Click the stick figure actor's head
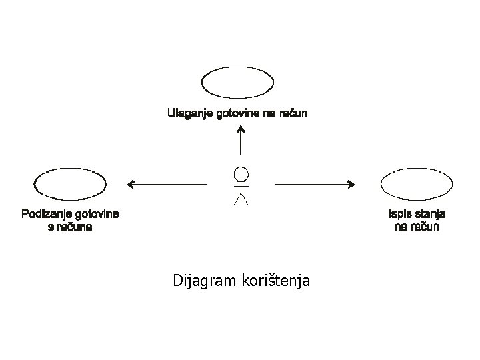240,175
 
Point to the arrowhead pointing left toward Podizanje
131,183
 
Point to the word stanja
431,214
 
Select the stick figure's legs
240,199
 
